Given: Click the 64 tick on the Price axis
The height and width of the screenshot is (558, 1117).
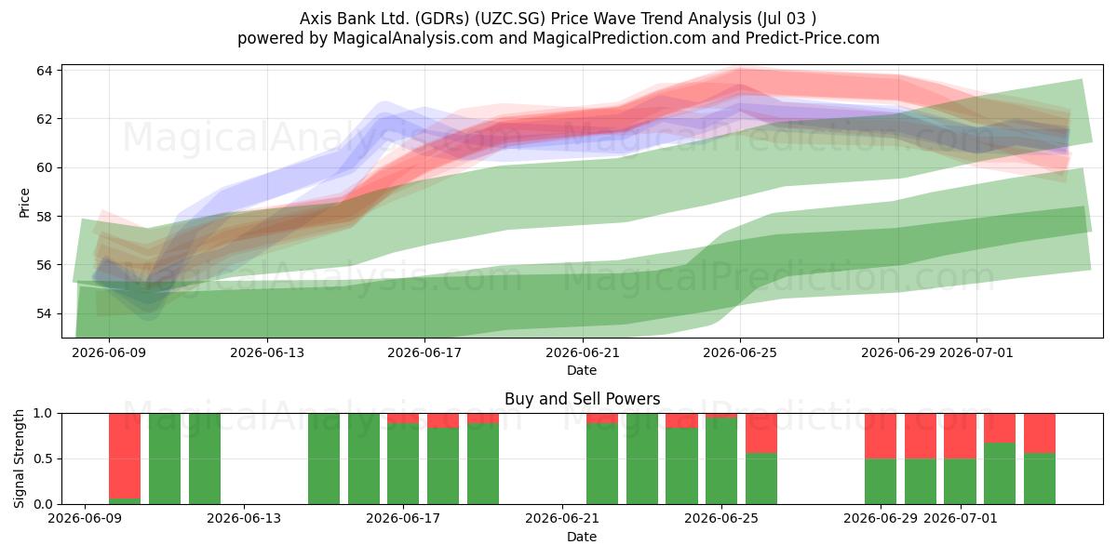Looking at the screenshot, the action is pyautogui.click(x=44, y=71).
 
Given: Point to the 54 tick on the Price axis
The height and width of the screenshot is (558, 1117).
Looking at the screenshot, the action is pyautogui.click(x=44, y=314).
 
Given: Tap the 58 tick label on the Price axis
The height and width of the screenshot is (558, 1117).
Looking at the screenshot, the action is pyautogui.click(x=44, y=216).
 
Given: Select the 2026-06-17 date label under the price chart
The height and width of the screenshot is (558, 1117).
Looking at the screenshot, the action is pyautogui.click(x=424, y=352).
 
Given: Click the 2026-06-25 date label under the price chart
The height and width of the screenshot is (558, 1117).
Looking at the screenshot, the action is pyautogui.click(x=740, y=352).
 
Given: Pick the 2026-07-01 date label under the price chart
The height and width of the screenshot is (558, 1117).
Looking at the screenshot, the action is pyautogui.click(x=976, y=352).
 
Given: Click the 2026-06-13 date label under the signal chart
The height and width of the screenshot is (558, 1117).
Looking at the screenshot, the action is pyautogui.click(x=244, y=518).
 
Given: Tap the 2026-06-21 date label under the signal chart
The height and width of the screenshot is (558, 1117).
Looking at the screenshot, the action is pyautogui.click(x=562, y=518).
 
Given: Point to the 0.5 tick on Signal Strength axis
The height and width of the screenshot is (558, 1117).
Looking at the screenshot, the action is pyautogui.click(x=43, y=458).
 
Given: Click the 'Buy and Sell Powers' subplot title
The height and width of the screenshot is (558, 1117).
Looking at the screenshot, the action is pyautogui.click(x=583, y=399).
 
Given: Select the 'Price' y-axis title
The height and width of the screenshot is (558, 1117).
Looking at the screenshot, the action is pyautogui.click(x=24, y=203).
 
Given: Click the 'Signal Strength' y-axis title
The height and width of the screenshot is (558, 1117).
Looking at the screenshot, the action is pyautogui.click(x=19, y=458).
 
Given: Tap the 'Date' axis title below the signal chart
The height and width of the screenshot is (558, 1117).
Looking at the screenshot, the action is pyautogui.click(x=582, y=537).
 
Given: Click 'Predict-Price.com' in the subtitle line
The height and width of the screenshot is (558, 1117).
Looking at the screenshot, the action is pyautogui.click(x=813, y=38).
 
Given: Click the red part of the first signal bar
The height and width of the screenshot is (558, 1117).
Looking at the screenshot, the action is pyautogui.click(x=125, y=456).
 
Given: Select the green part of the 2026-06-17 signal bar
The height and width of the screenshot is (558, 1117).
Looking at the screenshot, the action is pyautogui.click(x=403, y=463).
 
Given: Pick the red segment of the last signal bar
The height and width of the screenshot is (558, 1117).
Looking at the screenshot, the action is pyautogui.click(x=1040, y=433).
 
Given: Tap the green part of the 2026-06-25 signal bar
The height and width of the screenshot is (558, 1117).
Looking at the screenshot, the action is pyautogui.click(x=721, y=461).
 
